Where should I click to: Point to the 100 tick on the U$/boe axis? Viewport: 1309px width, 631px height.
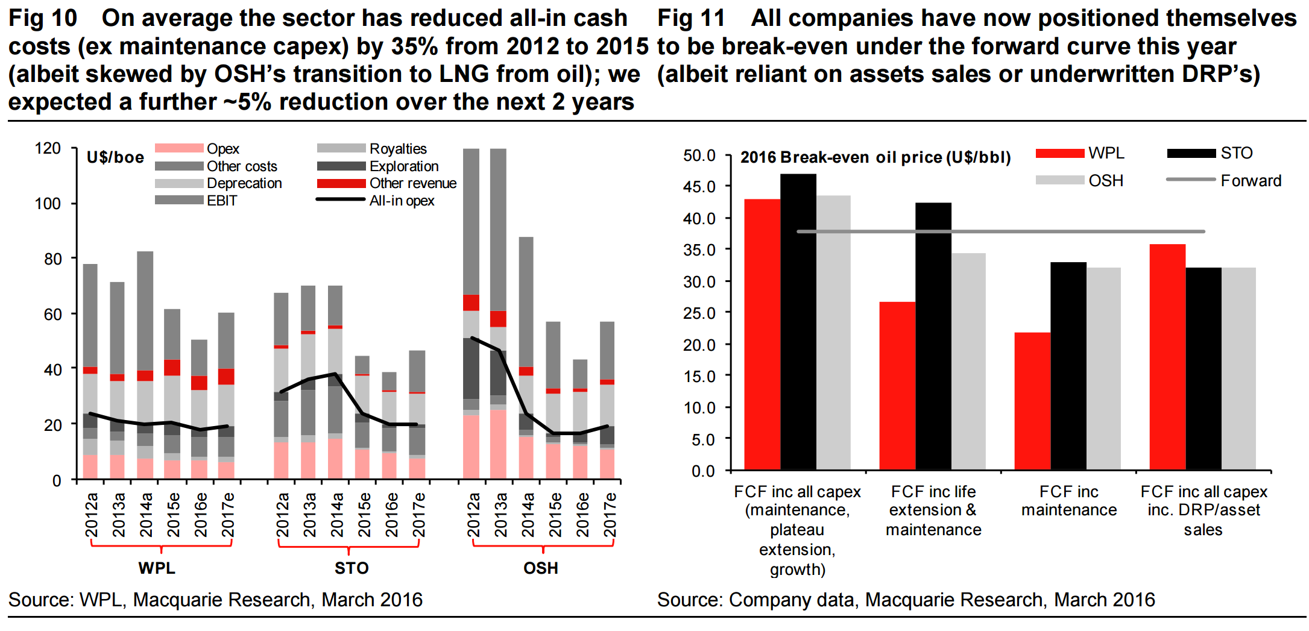click(x=48, y=204)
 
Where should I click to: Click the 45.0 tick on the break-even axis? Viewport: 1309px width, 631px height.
click(x=699, y=187)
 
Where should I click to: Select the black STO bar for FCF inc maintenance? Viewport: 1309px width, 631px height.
click(x=1068, y=366)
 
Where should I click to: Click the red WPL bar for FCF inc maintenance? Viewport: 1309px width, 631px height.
click(x=1032, y=401)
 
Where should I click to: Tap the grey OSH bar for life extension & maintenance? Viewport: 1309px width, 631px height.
click(x=968, y=362)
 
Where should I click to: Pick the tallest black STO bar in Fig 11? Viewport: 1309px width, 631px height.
click(x=798, y=322)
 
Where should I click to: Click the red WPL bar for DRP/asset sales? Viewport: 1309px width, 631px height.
click(x=1167, y=357)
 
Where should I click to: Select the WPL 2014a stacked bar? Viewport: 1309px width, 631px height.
click(x=145, y=365)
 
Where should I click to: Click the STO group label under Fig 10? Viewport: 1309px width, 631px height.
click(x=352, y=568)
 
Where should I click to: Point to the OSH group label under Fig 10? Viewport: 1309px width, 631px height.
click(x=541, y=568)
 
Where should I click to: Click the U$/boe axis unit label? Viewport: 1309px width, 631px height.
click(x=115, y=158)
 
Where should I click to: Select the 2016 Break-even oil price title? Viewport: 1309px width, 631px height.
click(x=875, y=157)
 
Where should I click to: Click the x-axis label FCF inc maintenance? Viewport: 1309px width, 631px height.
click(x=1069, y=501)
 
